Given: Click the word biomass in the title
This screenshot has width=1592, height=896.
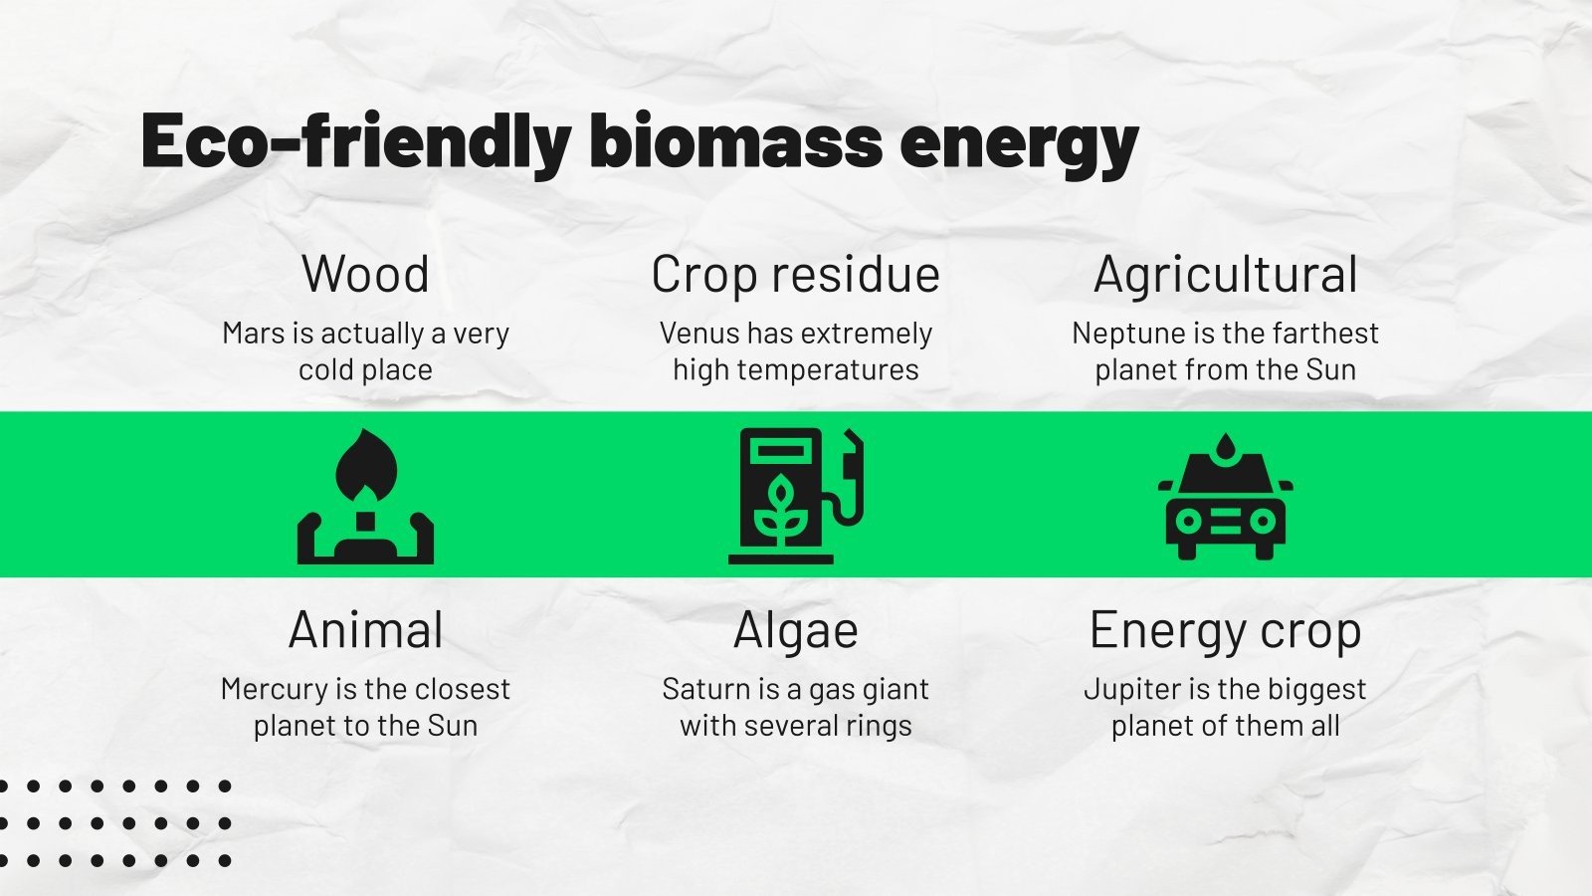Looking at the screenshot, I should coord(735,140).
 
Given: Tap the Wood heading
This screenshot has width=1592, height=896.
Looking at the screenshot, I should coord(365,274).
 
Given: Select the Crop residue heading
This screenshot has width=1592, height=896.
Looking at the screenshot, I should coord(795,275).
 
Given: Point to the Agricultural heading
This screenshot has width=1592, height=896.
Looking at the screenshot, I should coord(1225,275).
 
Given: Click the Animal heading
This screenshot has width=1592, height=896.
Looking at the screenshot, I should coord(365,630).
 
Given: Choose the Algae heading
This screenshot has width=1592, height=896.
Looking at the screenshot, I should coord(795,630).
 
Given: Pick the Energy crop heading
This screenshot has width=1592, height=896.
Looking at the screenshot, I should coord(1225,630).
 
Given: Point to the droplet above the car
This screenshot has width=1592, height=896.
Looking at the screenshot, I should coord(1225,447).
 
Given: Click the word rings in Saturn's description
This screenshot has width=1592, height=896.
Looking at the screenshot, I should coord(879,726).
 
